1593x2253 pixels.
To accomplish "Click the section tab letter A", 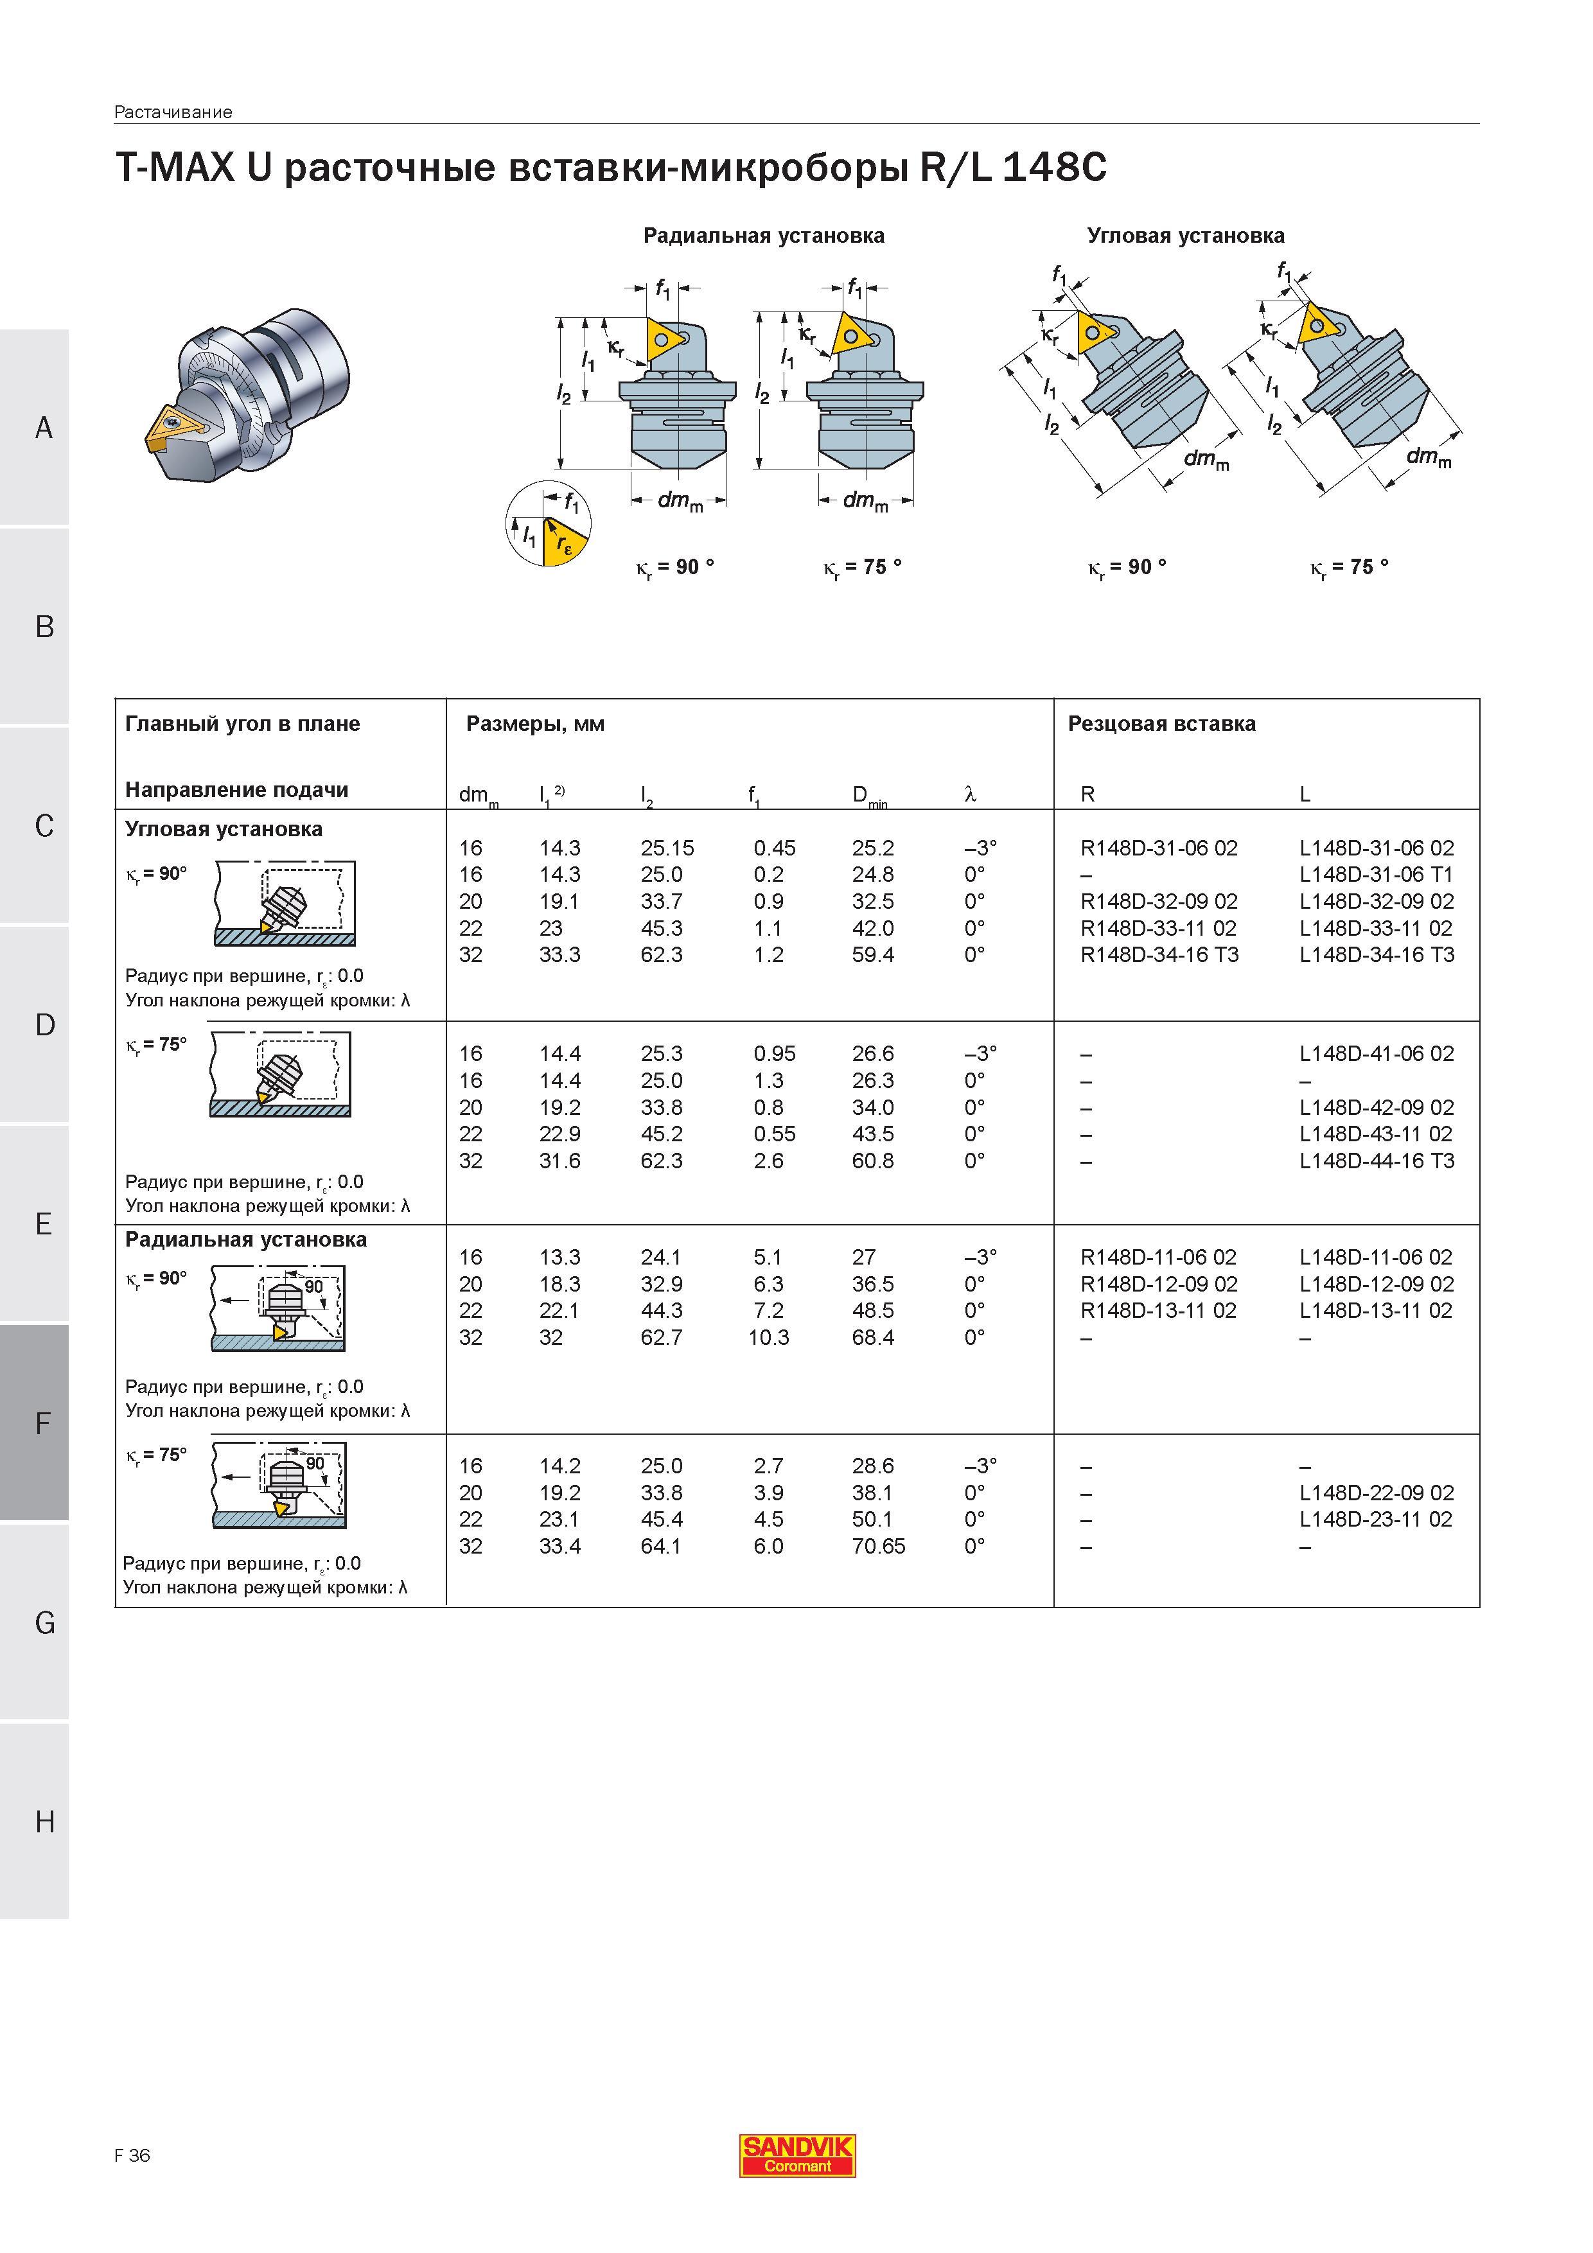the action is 43,428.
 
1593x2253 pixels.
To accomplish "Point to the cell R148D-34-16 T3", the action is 1159,955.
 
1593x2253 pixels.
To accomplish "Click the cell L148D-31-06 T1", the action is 1376,874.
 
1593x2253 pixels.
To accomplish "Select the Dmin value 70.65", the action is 879,1547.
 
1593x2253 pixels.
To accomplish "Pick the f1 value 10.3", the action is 768,1337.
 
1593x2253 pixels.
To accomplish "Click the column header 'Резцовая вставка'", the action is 1161,724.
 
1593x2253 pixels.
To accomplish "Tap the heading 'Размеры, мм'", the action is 535,725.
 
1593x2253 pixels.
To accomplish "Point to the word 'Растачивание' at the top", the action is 173,112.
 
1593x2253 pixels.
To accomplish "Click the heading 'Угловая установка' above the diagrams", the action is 1184,236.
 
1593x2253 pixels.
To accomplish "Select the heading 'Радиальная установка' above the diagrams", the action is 764,236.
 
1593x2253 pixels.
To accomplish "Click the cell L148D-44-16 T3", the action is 1376,1161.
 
